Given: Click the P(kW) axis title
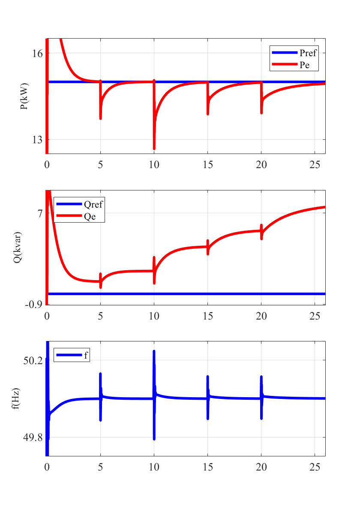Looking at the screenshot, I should tap(24, 96).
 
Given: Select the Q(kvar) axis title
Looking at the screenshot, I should tap(18, 247).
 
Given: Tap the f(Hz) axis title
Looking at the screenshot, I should tap(16, 398).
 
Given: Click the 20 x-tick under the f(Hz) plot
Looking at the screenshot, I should tap(261, 467).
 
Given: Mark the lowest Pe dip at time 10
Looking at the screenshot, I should tap(154, 148).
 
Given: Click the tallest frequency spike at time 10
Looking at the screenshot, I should tap(154, 352).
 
